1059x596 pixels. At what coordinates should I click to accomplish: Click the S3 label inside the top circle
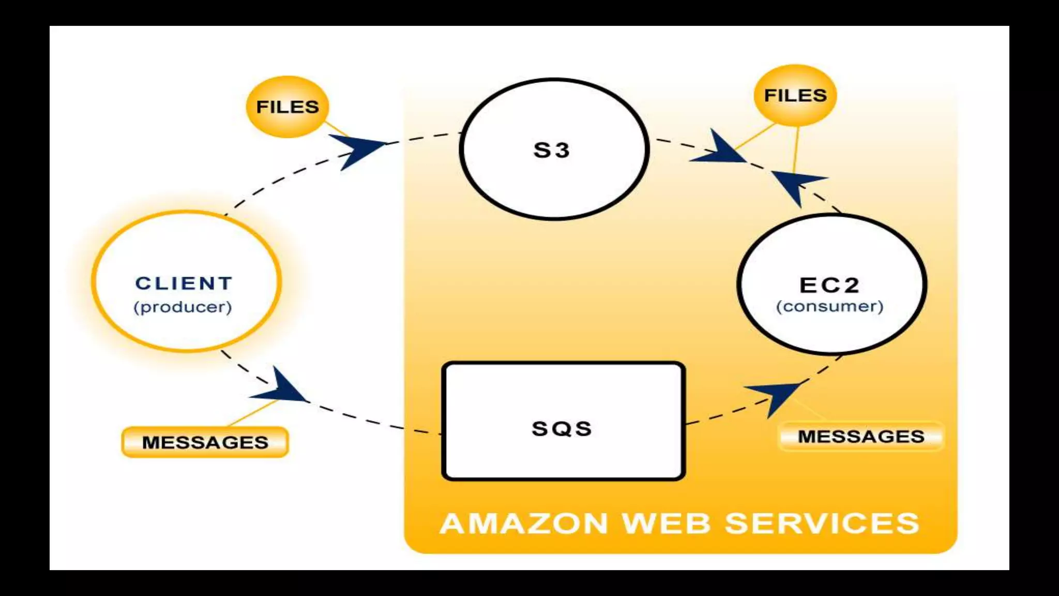[551, 151]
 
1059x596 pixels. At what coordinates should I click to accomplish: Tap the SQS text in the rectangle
[562, 429]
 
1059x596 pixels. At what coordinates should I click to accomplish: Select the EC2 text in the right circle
[829, 285]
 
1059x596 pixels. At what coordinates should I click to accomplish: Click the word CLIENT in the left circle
[184, 284]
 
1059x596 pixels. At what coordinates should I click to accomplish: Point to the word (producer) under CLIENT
[183, 307]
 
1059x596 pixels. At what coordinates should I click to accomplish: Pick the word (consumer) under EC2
[829, 306]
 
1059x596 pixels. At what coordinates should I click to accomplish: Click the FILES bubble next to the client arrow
[288, 107]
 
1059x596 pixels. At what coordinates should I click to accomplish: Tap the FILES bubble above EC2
[795, 95]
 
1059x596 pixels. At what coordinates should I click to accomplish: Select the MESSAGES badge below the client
[205, 442]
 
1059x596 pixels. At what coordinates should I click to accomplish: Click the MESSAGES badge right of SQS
[861, 437]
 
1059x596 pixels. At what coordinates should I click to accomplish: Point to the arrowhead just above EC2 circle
[796, 184]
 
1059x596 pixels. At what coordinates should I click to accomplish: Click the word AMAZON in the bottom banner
[523, 523]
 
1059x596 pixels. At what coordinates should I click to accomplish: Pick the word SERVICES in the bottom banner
[822, 523]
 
